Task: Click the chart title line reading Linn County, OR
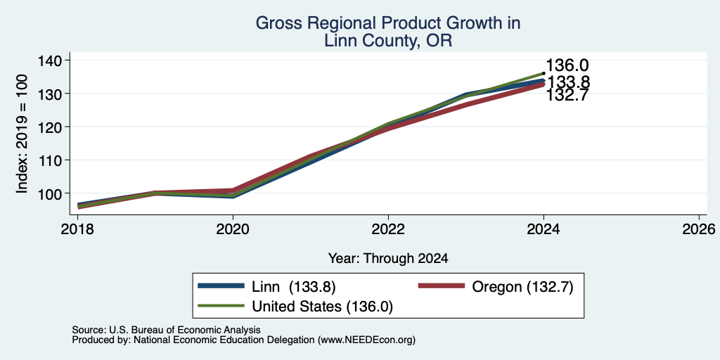click(x=388, y=40)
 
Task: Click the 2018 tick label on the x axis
click(x=77, y=229)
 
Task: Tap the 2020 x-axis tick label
click(x=233, y=229)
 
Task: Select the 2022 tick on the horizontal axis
click(x=388, y=229)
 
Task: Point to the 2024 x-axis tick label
click(x=544, y=229)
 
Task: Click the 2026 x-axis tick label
click(x=699, y=229)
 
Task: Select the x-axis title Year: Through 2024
click(x=388, y=259)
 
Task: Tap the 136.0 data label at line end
click(x=567, y=65)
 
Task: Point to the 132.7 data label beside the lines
click(x=567, y=95)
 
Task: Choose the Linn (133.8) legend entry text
click(x=294, y=287)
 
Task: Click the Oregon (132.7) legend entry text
click(x=522, y=287)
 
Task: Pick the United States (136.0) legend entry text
click(x=322, y=307)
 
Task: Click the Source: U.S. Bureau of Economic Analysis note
click(x=166, y=330)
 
